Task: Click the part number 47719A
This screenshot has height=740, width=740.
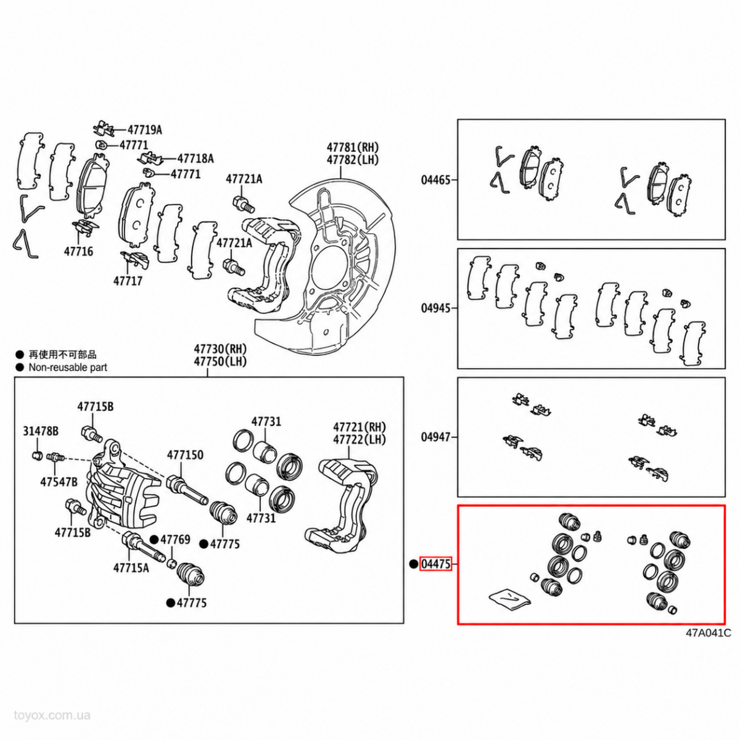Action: point(145,130)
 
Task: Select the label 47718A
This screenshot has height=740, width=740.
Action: point(195,158)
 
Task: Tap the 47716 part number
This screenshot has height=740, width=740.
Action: point(78,252)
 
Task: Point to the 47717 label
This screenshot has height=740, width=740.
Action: point(128,281)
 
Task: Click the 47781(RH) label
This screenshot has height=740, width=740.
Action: point(353,147)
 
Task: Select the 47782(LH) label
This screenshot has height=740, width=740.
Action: point(353,160)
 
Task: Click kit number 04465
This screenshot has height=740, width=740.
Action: point(436,179)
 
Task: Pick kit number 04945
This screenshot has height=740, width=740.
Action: point(436,308)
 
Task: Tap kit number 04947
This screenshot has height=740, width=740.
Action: point(436,437)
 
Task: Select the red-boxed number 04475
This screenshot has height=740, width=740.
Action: point(436,564)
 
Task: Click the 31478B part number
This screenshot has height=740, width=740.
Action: point(41,431)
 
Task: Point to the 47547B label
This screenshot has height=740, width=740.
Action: point(59,482)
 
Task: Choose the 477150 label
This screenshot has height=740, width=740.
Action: point(185,455)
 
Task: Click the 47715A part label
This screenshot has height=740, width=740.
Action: point(131,568)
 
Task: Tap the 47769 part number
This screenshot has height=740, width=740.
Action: point(175,540)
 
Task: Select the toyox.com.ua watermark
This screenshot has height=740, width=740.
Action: point(52,715)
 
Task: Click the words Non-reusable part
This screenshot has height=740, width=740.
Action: point(68,368)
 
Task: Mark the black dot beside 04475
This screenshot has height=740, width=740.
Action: point(413,564)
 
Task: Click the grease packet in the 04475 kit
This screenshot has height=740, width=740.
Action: point(509,598)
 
